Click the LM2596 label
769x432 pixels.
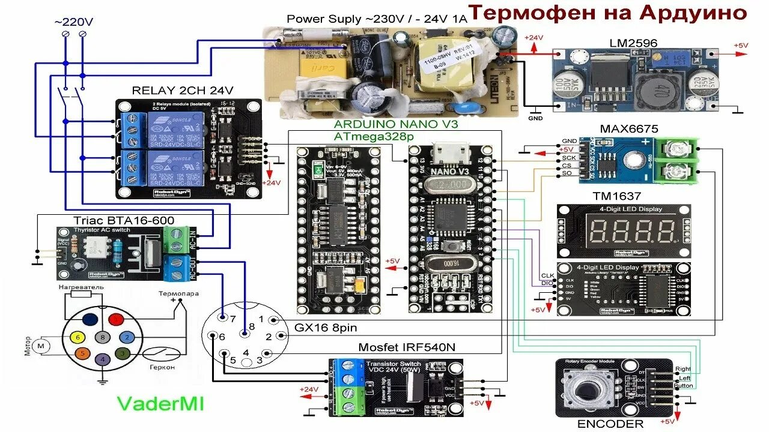click(633, 43)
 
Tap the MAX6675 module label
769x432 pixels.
click(629, 129)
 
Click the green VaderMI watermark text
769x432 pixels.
click(160, 403)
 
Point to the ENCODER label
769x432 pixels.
click(610, 424)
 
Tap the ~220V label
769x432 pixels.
click(73, 22)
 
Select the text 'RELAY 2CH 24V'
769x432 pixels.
click(183, 91)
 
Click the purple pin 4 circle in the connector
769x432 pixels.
click(103, 359)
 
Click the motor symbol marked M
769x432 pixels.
click(41, 346)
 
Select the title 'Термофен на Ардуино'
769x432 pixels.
click(607, 13)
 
